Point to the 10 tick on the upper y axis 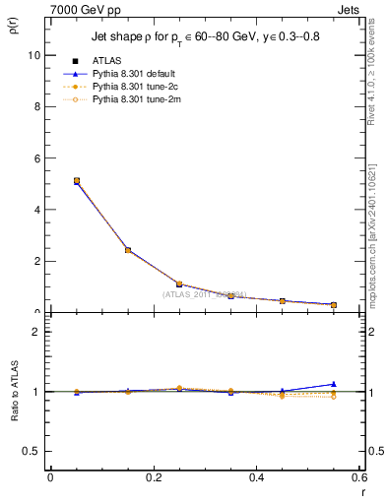click(35, 56)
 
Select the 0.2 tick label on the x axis click(153, 477)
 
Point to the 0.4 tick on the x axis click(256, 477)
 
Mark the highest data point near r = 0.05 click(77, 181)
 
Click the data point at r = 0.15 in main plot click(128, 250)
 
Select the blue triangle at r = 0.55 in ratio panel click(334, 384)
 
